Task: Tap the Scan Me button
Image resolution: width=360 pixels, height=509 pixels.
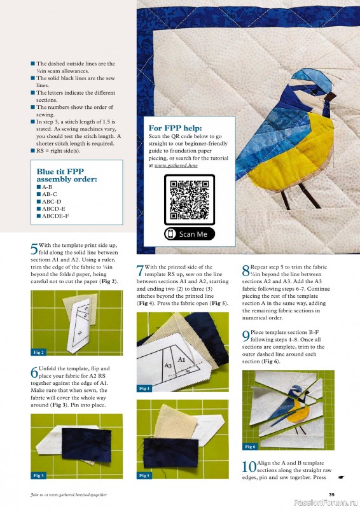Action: (x=189, y=234)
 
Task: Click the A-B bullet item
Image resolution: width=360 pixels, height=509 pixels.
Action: (x=47, y=188)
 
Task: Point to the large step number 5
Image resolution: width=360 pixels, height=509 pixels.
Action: (x=34, y=249)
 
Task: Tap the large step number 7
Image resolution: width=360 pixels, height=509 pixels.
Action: (x=140, y=271)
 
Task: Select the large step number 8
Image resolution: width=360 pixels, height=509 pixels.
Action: (x=246, y=271)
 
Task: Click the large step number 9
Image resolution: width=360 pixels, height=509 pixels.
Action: (x=246, y=336)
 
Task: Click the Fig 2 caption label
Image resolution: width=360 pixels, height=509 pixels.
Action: (x=38, y=352)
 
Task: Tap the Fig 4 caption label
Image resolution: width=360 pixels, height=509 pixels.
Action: (x=144, y=388)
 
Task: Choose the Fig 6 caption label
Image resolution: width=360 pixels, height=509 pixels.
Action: (x=250, y=447)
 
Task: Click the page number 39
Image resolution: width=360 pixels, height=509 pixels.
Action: (x=331, y=494)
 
